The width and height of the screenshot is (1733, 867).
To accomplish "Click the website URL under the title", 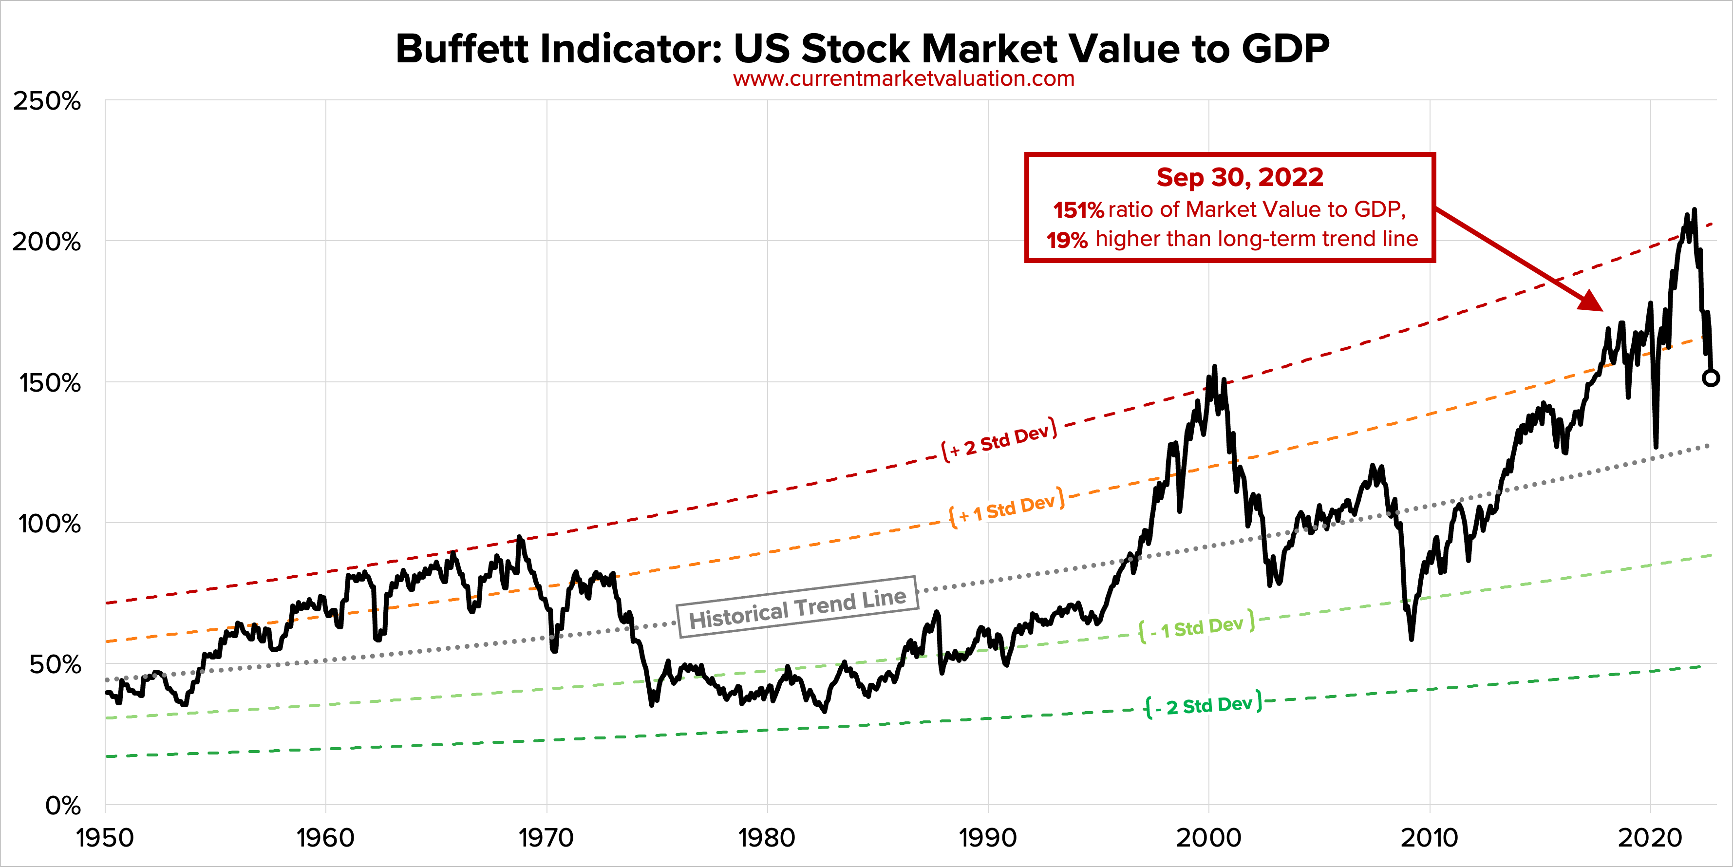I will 904,79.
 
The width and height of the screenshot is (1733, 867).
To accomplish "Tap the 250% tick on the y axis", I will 47,102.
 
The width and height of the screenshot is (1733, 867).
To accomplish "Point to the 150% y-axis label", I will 50,383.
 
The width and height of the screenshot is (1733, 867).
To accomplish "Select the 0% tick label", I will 62,805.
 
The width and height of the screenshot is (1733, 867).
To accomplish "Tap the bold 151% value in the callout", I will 1078,210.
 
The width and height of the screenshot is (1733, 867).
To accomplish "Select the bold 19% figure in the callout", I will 1067,240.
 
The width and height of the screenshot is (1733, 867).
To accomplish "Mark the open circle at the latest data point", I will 1711,377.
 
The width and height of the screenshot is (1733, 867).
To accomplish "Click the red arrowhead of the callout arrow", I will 1592,302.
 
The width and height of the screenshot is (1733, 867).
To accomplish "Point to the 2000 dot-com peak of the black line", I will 1214,367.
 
